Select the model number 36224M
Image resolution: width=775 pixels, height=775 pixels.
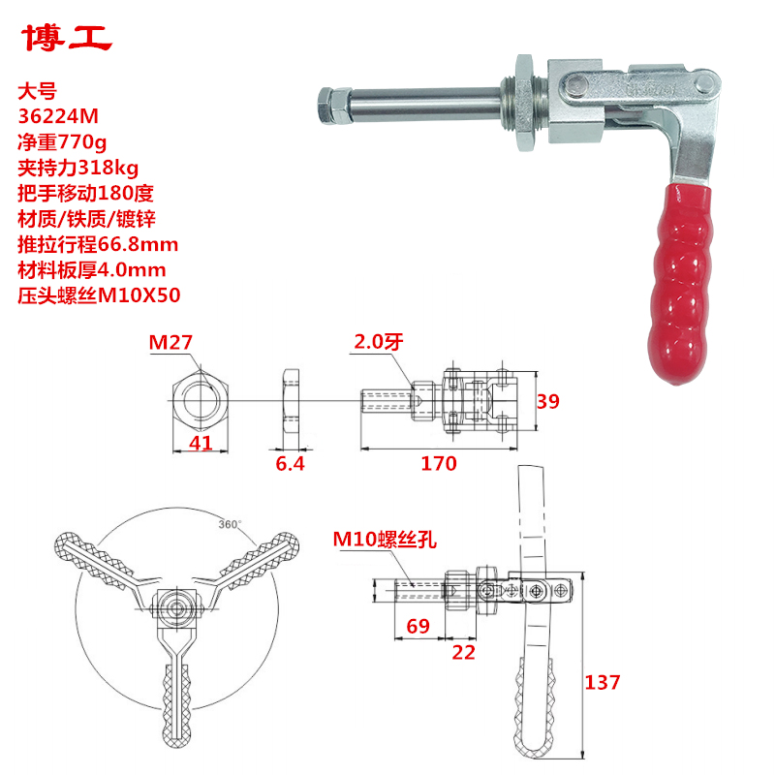[x=59, y=116]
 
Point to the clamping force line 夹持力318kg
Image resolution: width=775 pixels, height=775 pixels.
[x=78, y=168]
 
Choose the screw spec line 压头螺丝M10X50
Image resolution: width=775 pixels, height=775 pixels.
[x=100, y=294]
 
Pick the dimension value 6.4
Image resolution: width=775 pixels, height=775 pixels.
[x=290, y=464]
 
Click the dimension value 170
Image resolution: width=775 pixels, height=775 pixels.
[x=439, y=464]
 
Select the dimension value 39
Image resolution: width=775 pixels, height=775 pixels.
[x=548, y=400]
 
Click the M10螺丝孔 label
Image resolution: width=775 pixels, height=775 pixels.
[x=385, y=540]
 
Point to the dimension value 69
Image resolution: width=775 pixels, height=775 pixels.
[x=418, y=627]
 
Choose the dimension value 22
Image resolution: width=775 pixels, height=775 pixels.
[x=464, y=652]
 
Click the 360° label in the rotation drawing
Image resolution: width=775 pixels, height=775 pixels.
[x=230, y=524]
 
